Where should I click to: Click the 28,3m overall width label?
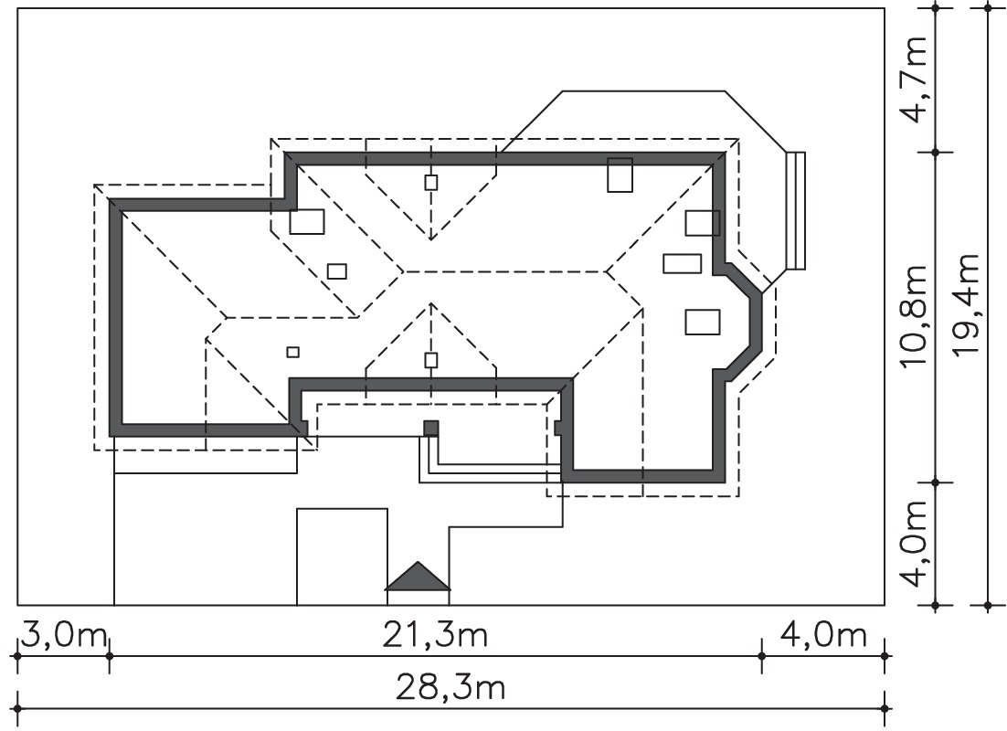(450, 689)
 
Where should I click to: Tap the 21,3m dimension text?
(436, 636)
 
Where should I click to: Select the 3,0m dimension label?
(64, 636)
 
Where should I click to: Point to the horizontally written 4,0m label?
(824, 636)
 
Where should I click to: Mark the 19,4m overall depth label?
(965, 303)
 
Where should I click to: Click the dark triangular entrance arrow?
(419, 577)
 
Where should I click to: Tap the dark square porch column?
(430, 429)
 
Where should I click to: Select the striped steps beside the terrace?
(796, 211)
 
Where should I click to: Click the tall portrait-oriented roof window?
(620, 175)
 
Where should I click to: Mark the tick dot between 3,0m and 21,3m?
(110, 656)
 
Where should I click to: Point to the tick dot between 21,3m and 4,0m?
(762, 656)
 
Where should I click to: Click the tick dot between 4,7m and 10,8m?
(936, 153)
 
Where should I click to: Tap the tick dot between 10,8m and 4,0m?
(936, 482)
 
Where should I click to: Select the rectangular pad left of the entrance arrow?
(342, 556)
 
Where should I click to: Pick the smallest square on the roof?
(292, 352)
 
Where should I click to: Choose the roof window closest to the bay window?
(702, 322)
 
